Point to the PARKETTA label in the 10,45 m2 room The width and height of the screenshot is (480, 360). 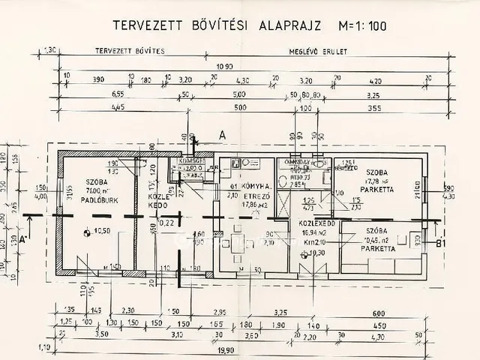(377, 247)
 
